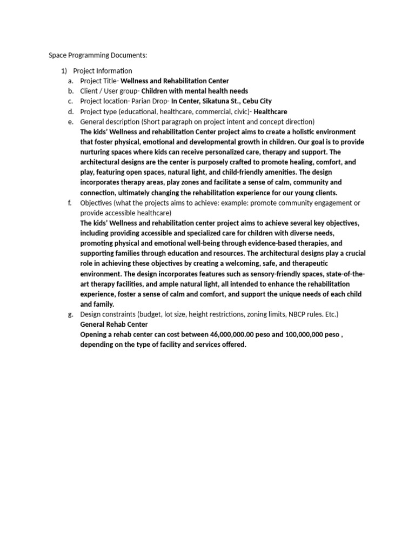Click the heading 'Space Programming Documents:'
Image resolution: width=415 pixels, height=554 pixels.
coord(98,55)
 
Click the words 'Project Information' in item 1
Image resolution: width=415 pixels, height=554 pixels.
coord(102,71)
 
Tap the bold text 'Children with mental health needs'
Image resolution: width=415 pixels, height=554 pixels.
coord(195,91)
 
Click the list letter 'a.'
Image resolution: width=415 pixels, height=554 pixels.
coord(70,81)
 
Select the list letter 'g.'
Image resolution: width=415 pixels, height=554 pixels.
coord(70,314)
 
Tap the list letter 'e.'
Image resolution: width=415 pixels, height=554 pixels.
coord(70,122)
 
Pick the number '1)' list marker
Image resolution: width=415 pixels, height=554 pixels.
coord(64,71)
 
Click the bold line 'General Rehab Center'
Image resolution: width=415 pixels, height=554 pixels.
coord(113,325)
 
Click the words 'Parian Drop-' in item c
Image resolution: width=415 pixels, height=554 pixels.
coord(149,101)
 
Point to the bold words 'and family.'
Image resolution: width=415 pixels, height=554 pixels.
coord(97,304)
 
